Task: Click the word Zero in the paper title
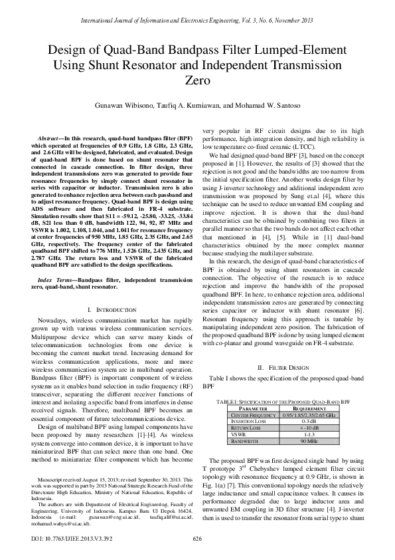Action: [x=197, y=81]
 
